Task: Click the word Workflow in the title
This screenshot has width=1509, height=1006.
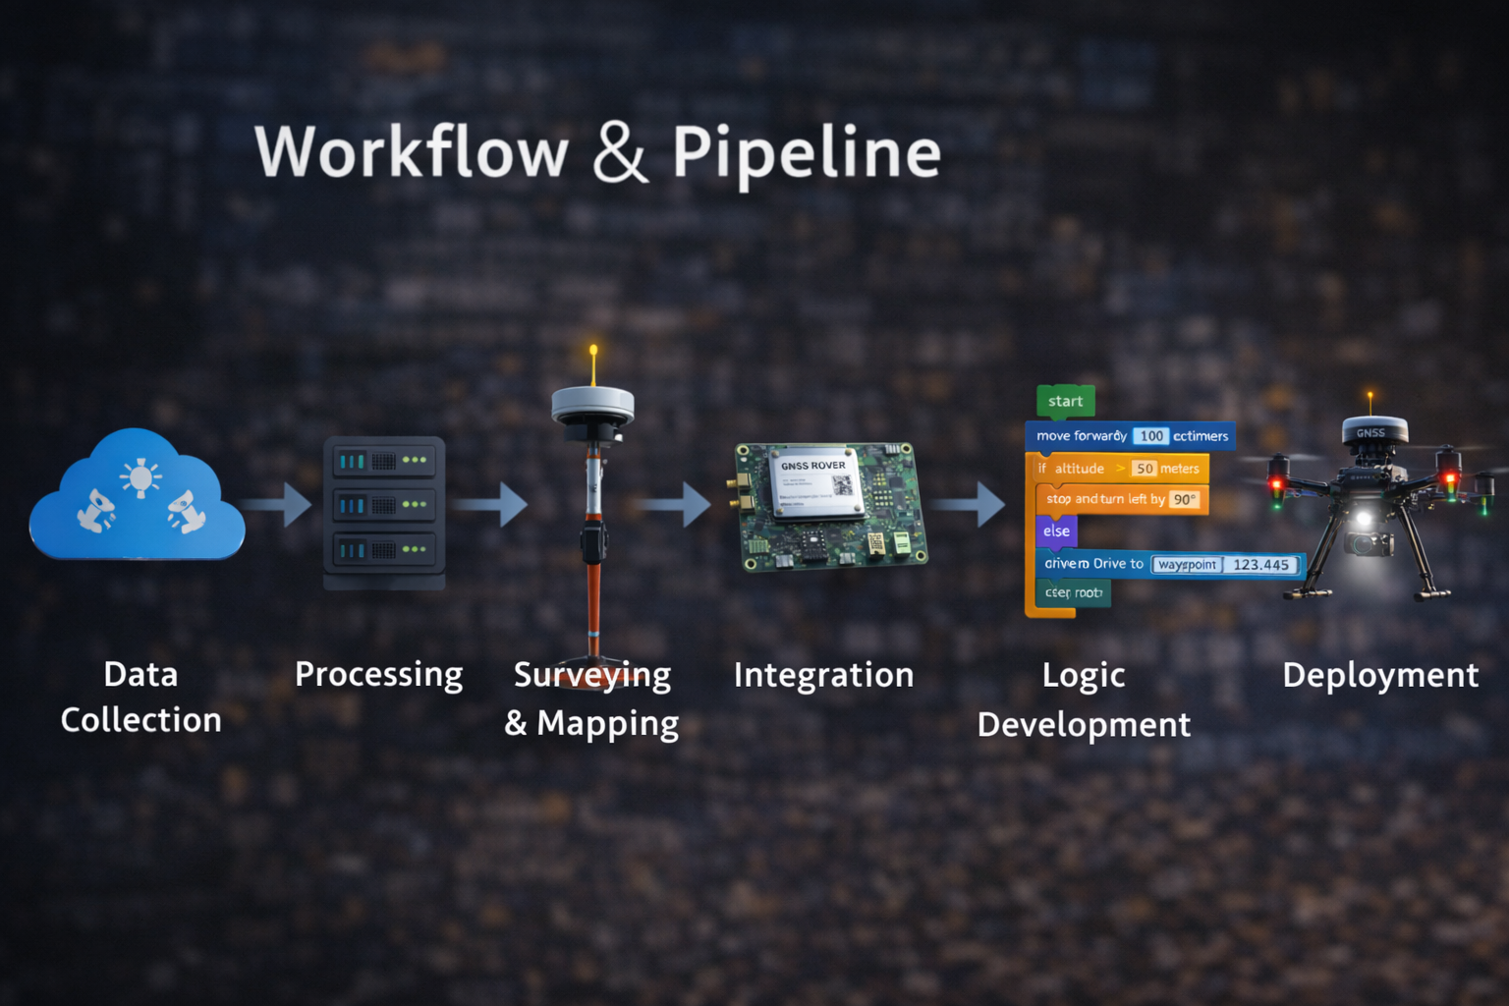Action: pyautogui.click(x=412, y=152)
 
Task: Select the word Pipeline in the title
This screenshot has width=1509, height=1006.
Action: pyautogui.click(x=807, y=154)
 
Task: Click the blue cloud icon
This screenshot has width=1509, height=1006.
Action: pyautogui.click(x=137, y=496)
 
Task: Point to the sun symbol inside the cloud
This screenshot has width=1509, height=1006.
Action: pyautogui.click(x=140, y=478)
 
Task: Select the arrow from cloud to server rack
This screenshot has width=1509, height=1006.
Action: pyautogui.click(x=279, y=504)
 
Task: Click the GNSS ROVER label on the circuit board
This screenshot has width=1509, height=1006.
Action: pyautogui.click(x=812, y=466)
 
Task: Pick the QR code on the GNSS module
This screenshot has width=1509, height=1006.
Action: pyautogui.click(x=842, y=484)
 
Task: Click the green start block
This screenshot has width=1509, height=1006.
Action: pyautogui.click(x=1065, y=401)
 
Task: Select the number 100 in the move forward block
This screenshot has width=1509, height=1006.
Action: pyautogui.click(x=1151, y=436)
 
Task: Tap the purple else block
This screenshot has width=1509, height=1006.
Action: pyautogui.click(x=1056, y=531)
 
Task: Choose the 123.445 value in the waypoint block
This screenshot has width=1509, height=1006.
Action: pyautogui.click(x=1260, y=565)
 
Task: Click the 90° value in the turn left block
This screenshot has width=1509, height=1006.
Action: pyautogui.click(x=1184, y=499)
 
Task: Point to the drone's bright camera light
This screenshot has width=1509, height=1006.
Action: pyautogui.click(x=1363, y=518)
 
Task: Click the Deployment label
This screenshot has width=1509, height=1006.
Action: pyautogui.click(x=1379, y=675)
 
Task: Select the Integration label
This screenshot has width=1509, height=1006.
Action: pyautogui.click(x=823, y=675)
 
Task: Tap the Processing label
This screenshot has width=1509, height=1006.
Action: pyautogui.click(x=378, y=675)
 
